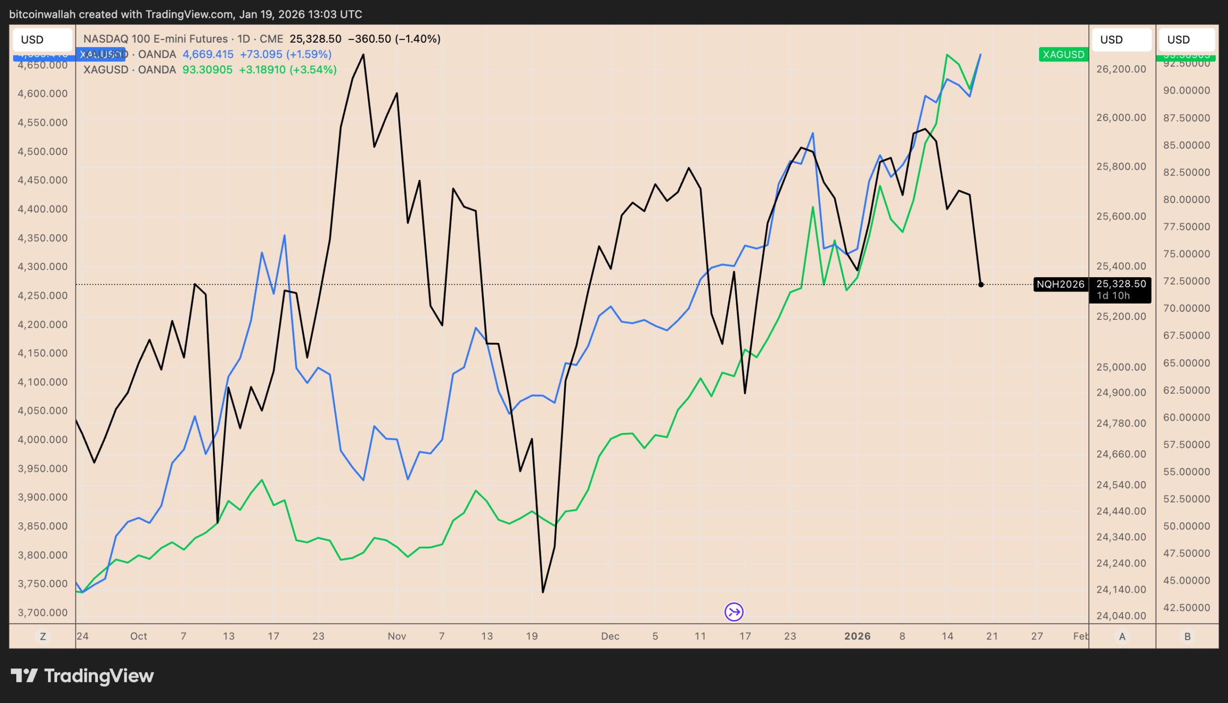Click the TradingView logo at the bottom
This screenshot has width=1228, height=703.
(x=82, y=676)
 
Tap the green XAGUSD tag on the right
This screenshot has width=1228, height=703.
(x=1063, y=55)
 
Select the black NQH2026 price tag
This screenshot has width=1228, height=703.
(x=1060, y=284)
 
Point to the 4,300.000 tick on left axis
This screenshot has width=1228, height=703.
(x=43, y=267)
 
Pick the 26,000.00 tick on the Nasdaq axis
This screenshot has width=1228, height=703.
(x=1121, y=118)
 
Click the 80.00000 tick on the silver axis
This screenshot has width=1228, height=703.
(x=1186, y=199)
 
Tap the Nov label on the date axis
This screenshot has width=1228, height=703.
(x=396, y=636)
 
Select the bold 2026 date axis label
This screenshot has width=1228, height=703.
(x=857, y=636)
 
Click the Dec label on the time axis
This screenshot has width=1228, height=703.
(x=610, y=636)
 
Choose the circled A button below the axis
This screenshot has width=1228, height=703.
(x=1122, y=637)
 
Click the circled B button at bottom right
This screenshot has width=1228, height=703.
(x=1187, y=637)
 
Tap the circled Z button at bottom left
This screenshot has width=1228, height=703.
(x=43, y=637)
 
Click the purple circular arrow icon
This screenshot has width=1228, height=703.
(x=733, y=612)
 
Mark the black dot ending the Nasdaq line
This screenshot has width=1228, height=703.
(x=981, y=285)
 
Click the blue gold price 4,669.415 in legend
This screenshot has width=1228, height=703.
(x=208, y=55)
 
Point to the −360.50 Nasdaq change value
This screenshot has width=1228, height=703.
(x=369, y=39)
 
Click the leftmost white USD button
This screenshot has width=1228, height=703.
(x=43, y=40)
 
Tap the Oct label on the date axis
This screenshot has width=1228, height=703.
(x=139, y=636)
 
